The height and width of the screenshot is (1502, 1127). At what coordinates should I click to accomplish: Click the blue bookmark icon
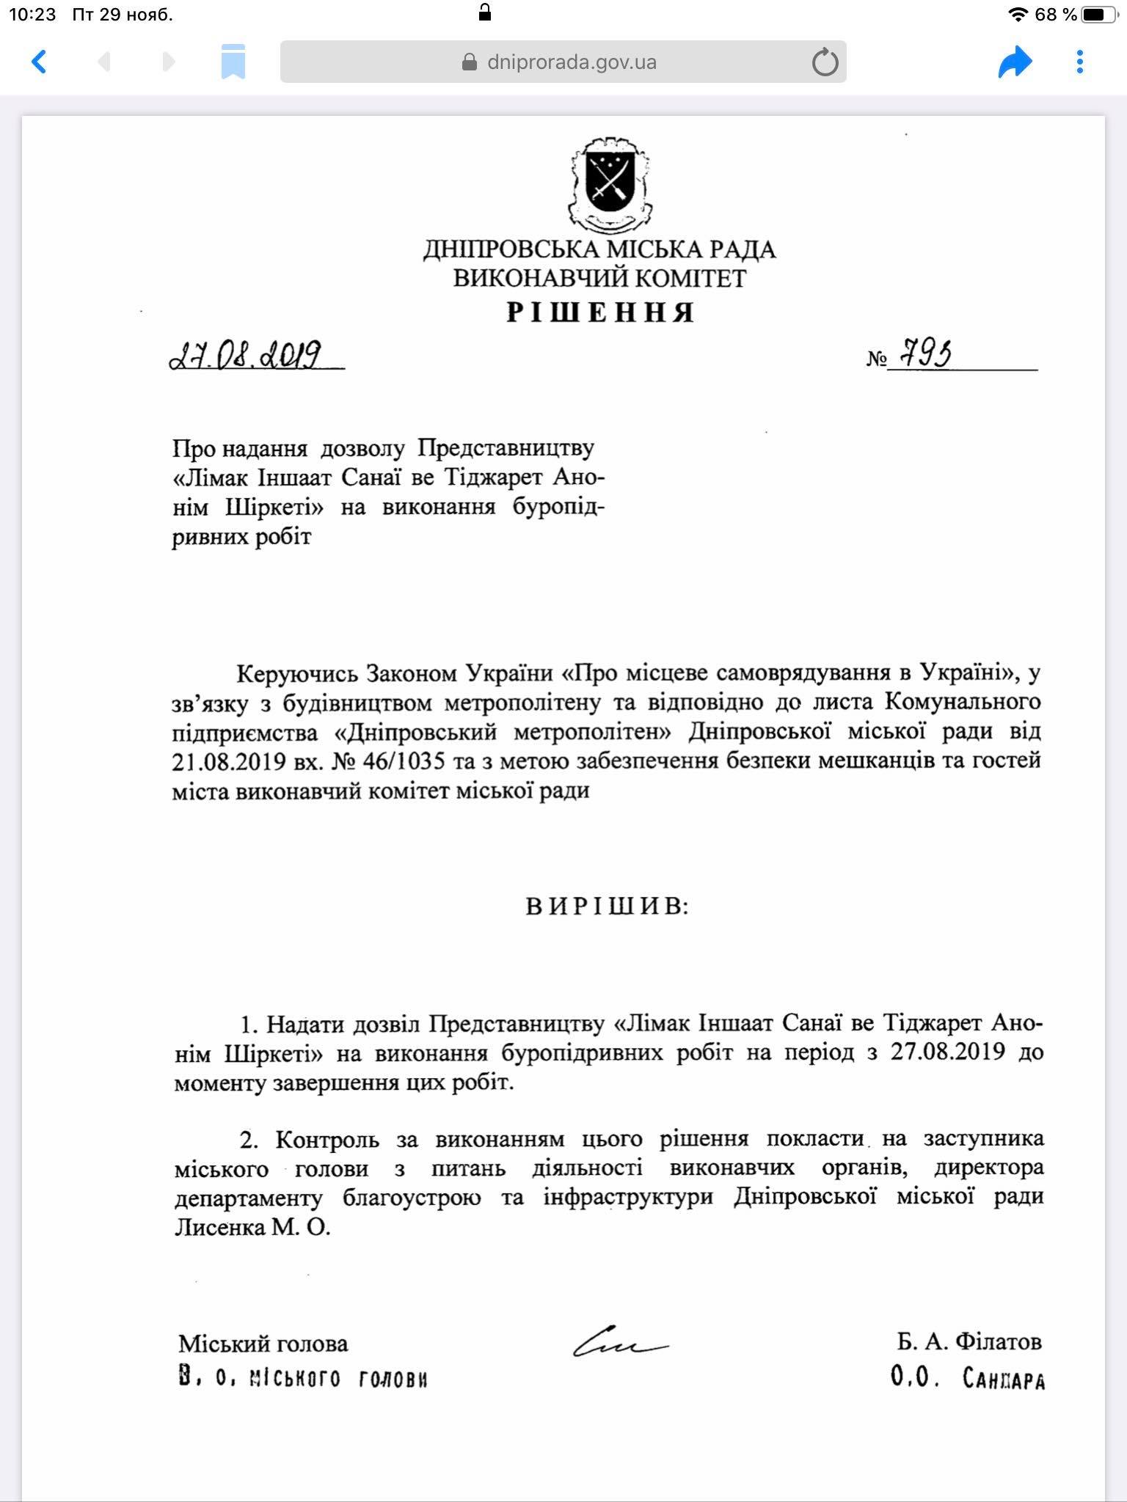pos(233,62)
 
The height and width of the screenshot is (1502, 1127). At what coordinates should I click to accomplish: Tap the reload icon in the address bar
pos(825,62)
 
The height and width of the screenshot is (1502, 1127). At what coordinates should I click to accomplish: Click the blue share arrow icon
pos(1015,62)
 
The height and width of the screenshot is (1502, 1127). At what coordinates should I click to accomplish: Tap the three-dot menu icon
pos(1079,62)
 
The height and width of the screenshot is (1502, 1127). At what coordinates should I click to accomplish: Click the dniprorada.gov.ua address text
pos(572,62)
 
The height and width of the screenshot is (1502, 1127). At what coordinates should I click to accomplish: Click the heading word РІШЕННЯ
pos(600,313)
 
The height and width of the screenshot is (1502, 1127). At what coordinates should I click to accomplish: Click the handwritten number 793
pos(926,355)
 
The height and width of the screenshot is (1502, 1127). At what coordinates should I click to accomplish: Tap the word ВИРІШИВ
pos(607,907)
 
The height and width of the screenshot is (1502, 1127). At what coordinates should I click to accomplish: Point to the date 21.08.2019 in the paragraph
pos(228,762)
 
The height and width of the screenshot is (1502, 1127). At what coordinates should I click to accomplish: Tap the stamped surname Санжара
pos(1004,1380)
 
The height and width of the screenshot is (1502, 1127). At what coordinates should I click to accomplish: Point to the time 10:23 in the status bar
pos(32,14)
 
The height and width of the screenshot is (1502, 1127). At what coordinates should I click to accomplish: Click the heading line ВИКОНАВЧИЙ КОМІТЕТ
pos(599,279)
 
